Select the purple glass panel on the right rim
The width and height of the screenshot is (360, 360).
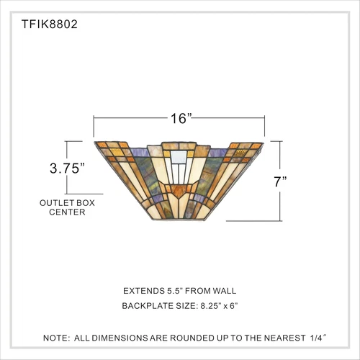tap(224, 150)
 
